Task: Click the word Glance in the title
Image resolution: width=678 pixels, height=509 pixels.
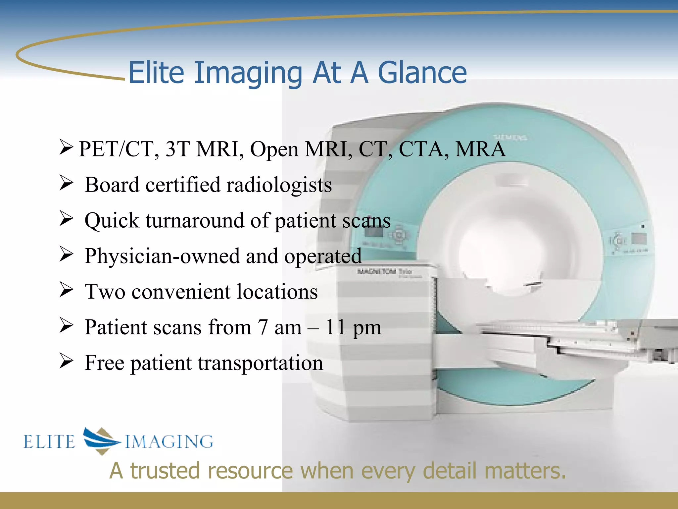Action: [x=422, y=73]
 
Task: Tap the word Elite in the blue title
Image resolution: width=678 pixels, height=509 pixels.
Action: [x=156, y=73]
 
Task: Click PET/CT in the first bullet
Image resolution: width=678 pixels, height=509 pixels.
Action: [x=116, y=149]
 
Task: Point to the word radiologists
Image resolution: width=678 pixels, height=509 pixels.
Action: [x=279, y=185]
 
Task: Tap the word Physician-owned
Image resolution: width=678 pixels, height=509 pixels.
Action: [x=162, y=256]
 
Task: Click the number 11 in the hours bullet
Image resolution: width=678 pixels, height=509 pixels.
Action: [x=335, y=327]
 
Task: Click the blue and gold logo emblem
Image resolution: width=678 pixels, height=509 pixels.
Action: [x=101, y=440]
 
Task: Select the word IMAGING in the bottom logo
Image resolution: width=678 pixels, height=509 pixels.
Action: [x=169, y=442]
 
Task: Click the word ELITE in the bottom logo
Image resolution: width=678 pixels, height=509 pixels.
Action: [x=49, y=442]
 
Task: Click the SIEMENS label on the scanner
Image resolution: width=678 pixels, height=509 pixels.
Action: [x=510, y=137]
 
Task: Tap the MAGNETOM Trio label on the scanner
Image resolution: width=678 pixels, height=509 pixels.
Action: [x=384, y=271]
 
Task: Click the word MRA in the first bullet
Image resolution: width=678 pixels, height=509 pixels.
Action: [x=480, y=149]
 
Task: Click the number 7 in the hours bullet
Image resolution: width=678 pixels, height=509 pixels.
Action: [x=263, y=327]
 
